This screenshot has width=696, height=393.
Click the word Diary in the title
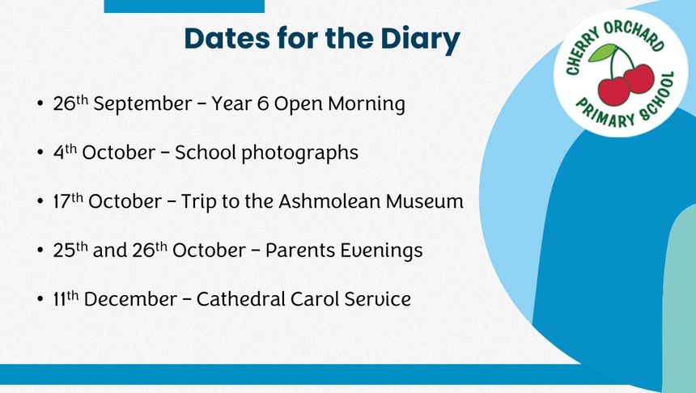coord(420,40)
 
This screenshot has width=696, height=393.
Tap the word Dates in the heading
coord(227,38)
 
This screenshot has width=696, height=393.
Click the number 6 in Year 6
coord(263,104)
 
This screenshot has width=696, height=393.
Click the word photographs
coord(299,154)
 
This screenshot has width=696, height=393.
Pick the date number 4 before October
coord(58,153)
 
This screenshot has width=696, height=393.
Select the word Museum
coord(424,201)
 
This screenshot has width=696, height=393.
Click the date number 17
coord(62,202)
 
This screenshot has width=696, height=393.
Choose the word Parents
coord(299,250)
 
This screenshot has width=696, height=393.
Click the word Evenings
coord(381,251)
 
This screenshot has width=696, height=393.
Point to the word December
coord(130,299)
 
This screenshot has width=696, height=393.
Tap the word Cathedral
coord(240,298)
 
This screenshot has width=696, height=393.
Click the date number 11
coord(59,299)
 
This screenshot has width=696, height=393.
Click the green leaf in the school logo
coord(602,53)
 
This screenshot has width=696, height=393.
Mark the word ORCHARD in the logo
coord(635,34)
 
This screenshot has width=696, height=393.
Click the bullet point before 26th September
coord(40,104)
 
